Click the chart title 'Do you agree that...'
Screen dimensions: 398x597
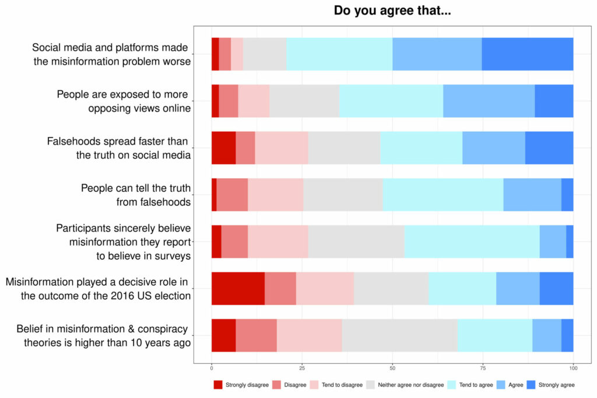392,11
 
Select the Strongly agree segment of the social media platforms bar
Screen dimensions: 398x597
527,54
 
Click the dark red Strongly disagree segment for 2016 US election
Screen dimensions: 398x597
237,288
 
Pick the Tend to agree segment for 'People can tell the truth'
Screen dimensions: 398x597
443,195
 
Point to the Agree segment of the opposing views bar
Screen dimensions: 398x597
489,101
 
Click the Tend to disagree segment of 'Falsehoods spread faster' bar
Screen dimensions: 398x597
281,148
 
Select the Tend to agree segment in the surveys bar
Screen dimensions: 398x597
471,241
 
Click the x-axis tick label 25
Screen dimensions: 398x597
302,368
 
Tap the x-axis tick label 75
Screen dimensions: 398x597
483,368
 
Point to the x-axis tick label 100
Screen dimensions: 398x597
573,368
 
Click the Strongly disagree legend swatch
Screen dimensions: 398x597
218,385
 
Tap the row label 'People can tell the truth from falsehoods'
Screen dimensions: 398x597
136,195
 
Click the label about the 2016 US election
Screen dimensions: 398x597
99,288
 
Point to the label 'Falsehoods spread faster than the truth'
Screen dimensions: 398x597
119,148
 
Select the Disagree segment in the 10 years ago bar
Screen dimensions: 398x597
256,335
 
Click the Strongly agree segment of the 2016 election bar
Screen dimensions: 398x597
556,288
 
